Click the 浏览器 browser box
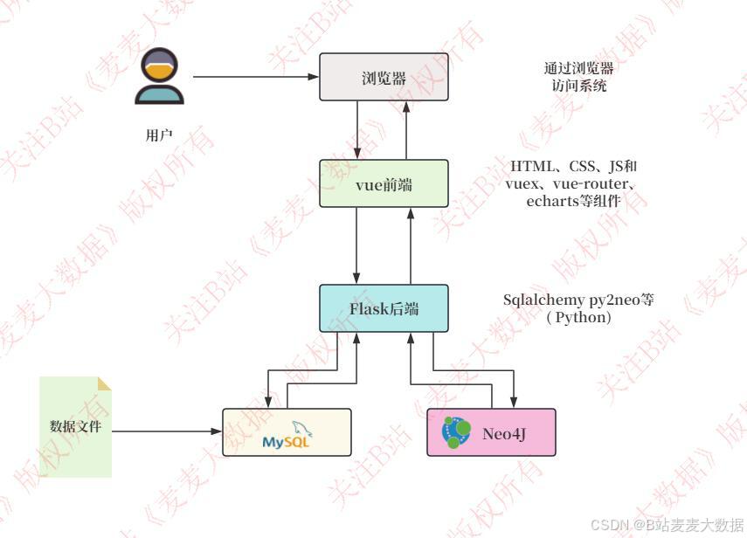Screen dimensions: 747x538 [x=384, y=77]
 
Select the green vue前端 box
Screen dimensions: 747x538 [x=384, y=183]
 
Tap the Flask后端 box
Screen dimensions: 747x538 [x=384, y=308]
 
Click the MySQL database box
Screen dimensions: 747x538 [x=287, y=432]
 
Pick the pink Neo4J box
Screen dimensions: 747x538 [x=490, y=432]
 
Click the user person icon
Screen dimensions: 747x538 [x=160, y=77]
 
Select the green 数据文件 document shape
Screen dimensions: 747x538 [x=76, y=427]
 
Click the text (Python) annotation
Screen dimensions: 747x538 [x=578, y=318]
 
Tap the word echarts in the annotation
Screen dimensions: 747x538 [x=551, y=200]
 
